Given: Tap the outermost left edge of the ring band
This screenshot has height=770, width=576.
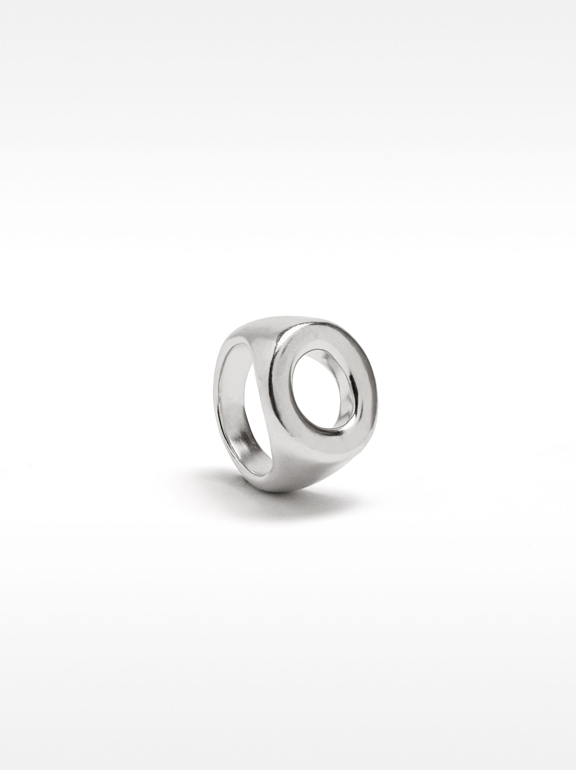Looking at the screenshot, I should coord(215,400).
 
